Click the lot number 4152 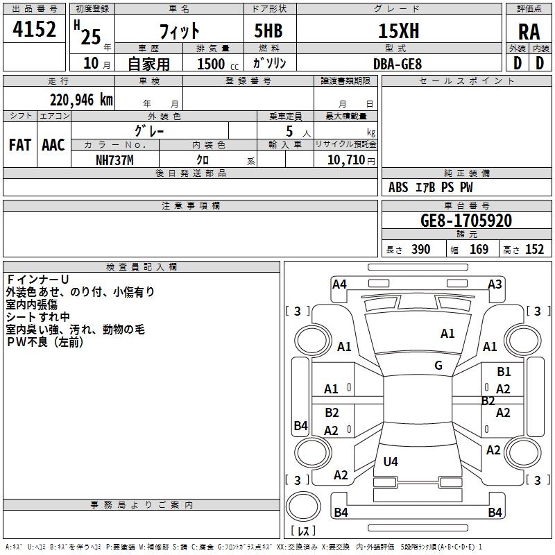coord(35,30)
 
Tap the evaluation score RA coord(529,32)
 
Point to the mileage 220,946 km coord(80,100)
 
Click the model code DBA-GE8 coord(398,64)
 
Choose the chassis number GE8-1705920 coord(466,221)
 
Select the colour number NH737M coord(114,160)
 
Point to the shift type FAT coord(19,145)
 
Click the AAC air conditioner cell coord(53,145)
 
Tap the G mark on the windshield coord(438,366)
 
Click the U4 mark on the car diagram coord(391,462)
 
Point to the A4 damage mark coord(339,284)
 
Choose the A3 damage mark coord(495,284)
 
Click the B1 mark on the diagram coord(504,372)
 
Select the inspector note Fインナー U coord(38,280)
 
